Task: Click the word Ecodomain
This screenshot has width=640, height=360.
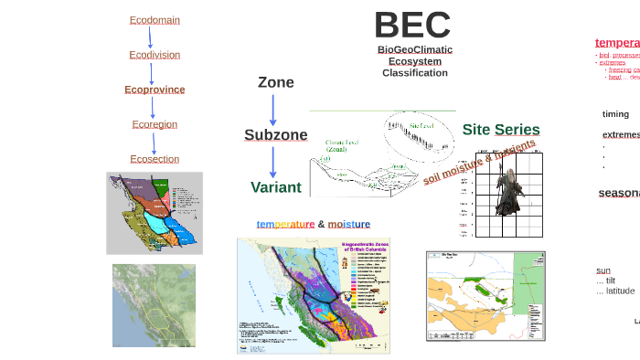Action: point(155,19)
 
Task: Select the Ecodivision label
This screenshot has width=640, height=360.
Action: point(155,55)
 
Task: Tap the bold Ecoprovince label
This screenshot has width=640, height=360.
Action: point(155,90)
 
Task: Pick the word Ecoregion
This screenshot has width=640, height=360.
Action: point(155,124)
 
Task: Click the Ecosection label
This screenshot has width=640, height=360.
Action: point(155,159)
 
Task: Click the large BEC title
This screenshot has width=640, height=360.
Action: point(412,25)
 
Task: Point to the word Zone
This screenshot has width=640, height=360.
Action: point(275,82)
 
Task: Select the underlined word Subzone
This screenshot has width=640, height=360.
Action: point(275,135)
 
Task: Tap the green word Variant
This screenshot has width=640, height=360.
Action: point(275,187)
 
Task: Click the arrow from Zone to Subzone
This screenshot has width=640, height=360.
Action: point(272,109)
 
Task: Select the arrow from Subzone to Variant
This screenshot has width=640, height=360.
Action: point(272,162)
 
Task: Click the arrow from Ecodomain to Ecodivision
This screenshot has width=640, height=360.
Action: point(151,37)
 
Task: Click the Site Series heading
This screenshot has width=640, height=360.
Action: point(500,130)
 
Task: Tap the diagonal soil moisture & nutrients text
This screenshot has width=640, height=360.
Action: point(479,162)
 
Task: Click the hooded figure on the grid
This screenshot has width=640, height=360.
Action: point(507,192)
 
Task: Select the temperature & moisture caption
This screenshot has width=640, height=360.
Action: point(313,224)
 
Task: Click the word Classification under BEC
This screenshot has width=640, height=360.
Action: point(415,73)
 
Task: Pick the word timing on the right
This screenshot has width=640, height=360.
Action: point(615,114)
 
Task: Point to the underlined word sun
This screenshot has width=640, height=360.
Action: point(603,270)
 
